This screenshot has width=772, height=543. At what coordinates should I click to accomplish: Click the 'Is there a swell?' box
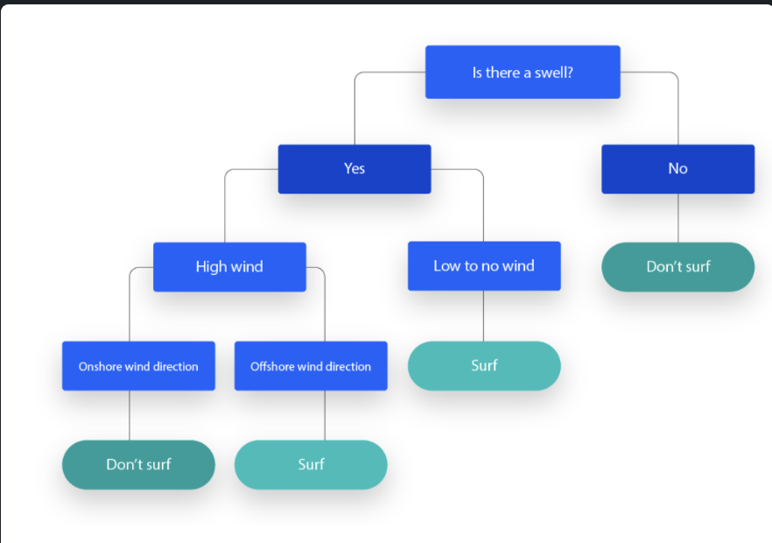(523, 72)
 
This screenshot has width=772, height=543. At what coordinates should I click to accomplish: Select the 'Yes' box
(354, 168)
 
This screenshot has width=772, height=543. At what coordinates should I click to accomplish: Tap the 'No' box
(677, 168)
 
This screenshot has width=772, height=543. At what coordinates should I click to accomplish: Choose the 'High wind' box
(229, 266)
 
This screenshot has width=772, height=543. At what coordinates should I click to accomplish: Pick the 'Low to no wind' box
(483, 265)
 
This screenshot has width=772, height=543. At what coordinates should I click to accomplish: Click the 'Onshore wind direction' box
(138, 366)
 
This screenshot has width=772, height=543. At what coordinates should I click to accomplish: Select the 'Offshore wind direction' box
(311, 366)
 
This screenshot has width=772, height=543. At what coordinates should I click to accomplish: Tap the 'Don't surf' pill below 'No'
(677, 266)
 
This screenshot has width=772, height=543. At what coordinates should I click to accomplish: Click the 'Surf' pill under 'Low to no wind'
(483, 365)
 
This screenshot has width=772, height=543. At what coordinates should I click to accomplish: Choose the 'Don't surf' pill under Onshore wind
(138, 464)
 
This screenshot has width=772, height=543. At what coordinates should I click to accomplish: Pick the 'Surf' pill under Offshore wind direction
(311, 464)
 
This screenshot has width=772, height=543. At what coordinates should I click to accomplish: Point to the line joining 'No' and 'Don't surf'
(677, 218)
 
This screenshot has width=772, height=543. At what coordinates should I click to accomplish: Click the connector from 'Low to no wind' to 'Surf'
(483, 315)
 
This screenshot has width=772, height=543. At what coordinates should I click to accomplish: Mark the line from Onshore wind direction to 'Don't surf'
(130, 415)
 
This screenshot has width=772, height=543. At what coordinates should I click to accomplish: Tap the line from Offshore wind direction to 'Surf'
(325, 415)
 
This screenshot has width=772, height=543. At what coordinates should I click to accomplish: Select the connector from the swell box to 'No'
(677, 109)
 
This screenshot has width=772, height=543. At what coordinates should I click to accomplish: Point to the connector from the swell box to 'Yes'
(354, 109)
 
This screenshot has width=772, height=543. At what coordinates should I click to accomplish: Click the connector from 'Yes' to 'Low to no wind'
(483, 206)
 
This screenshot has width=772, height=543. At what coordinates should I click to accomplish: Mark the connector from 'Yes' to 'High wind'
(225, 206)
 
